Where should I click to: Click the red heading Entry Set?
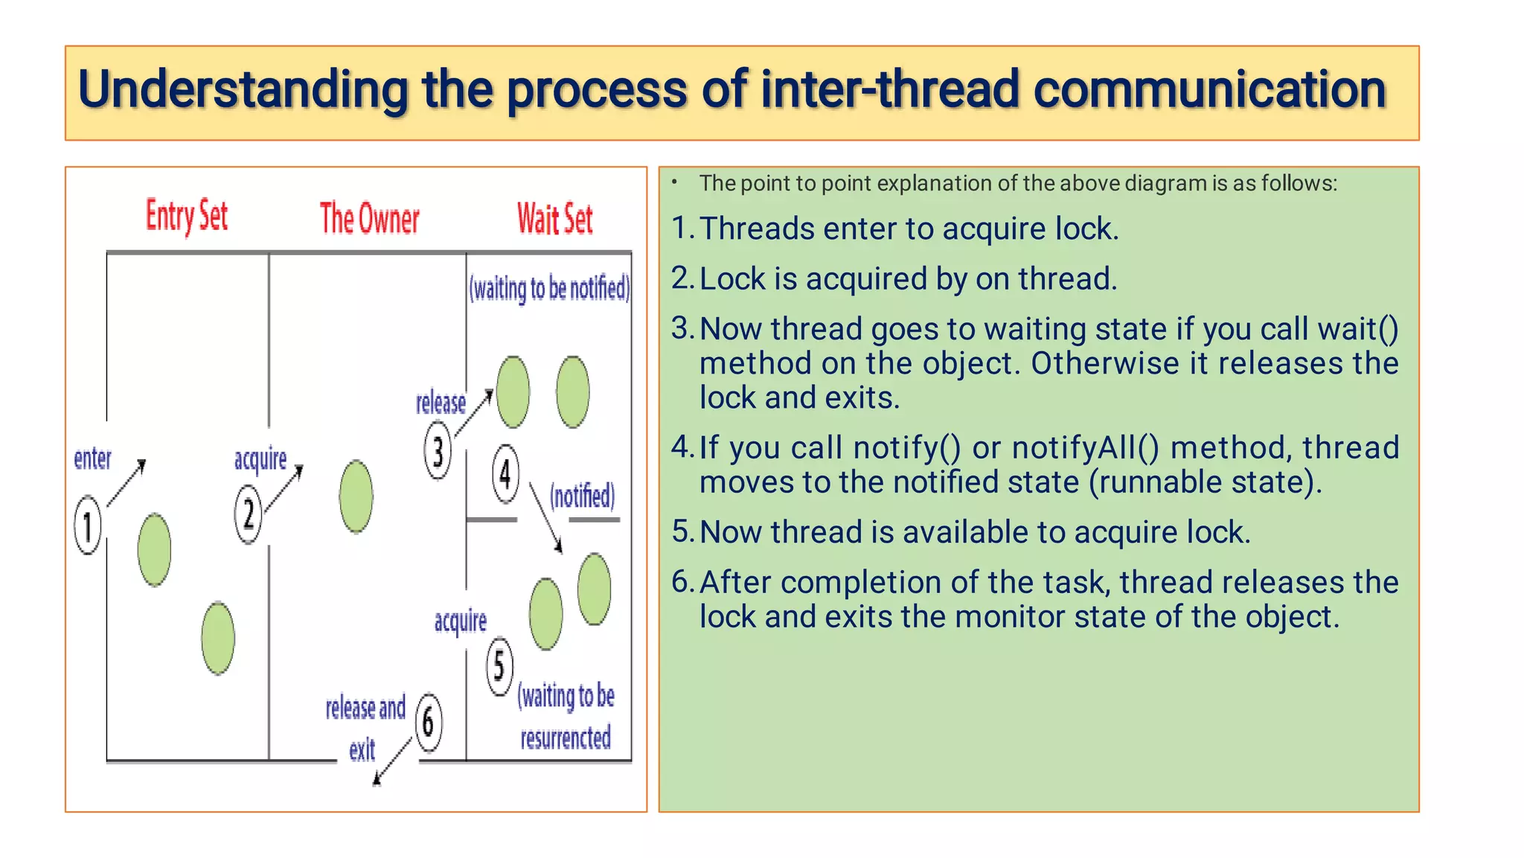click(x=186, y=217)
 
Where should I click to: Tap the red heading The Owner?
click(x=369, y=219)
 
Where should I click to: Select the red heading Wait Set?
click(x=555, y=219)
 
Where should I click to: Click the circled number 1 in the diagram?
click(x=88, y=525)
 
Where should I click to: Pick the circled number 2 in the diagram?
click(x=249, y=513)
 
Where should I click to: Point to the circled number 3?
click(x=438, y=451)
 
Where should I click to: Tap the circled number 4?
click(x=505, y=473)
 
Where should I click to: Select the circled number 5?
click(x=499, y=666)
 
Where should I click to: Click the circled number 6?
click(x=428, y=722)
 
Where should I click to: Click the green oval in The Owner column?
click(x=356, y=496)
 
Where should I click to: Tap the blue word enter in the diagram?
click(x=92, y=458)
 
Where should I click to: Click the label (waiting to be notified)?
click(x=549, y=288)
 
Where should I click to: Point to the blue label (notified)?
click(x=582, y=496)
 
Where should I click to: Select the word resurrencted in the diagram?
click(x=566, y=738)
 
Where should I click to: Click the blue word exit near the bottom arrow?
click(x=362, y=749)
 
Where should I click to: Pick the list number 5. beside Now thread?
click(x=682, y=532)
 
